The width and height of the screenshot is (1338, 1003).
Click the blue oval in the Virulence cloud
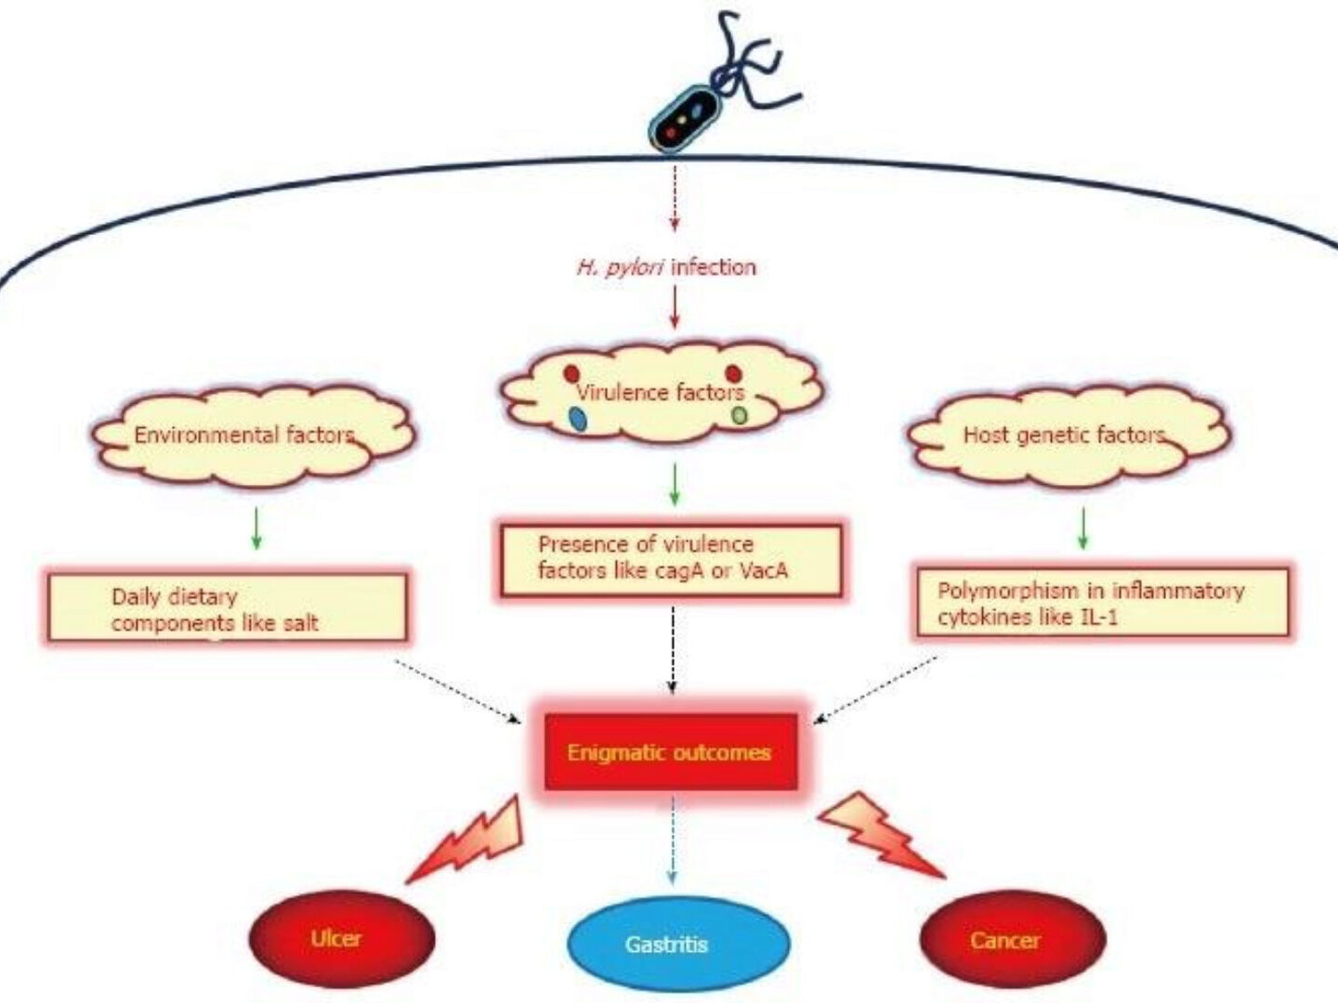578,419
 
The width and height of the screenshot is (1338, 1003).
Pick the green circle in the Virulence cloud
739,415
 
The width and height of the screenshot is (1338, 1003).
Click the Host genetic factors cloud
1069,435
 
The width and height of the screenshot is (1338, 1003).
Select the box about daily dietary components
228,608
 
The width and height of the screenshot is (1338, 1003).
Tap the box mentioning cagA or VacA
671,559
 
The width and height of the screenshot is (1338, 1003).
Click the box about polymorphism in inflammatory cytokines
1102,603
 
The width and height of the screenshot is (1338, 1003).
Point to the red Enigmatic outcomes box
670,751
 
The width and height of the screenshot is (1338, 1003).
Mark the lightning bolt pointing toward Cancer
877,834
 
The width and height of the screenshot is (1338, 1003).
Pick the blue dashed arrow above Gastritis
672,840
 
